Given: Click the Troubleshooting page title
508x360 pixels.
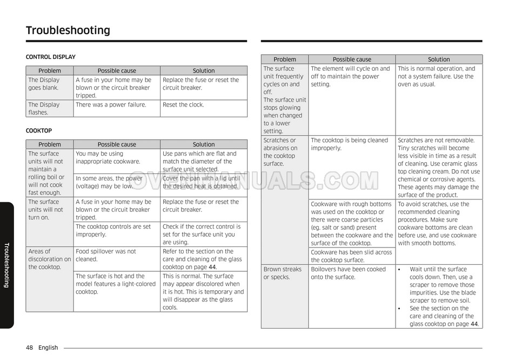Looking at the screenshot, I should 68,30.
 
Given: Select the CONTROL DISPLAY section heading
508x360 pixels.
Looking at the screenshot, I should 51,57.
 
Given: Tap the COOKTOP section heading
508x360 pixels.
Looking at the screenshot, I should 39,130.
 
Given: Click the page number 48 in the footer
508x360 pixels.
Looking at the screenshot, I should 29,348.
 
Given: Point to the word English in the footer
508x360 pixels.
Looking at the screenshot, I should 48,348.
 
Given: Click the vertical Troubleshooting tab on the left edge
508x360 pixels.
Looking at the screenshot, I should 6,265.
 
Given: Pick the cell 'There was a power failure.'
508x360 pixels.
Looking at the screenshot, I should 111,105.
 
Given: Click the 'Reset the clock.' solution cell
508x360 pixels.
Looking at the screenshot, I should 183,105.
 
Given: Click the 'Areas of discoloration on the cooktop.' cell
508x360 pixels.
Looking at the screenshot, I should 49,259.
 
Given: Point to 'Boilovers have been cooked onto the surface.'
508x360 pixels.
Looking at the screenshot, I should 348,273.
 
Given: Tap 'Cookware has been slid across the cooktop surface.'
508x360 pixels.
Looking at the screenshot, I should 351,256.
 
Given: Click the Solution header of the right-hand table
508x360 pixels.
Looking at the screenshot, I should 439,59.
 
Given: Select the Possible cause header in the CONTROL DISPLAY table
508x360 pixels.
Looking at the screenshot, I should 117,71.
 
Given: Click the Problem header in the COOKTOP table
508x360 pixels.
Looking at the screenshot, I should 50,144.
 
